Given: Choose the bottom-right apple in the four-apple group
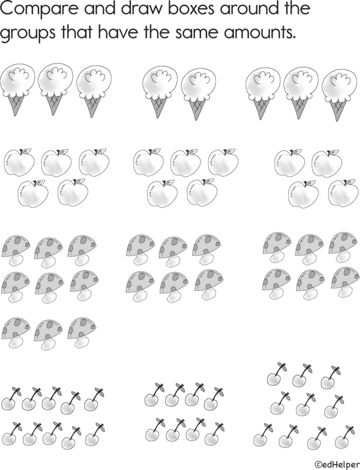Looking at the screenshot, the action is pyautogui.click(x=343, y=193).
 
